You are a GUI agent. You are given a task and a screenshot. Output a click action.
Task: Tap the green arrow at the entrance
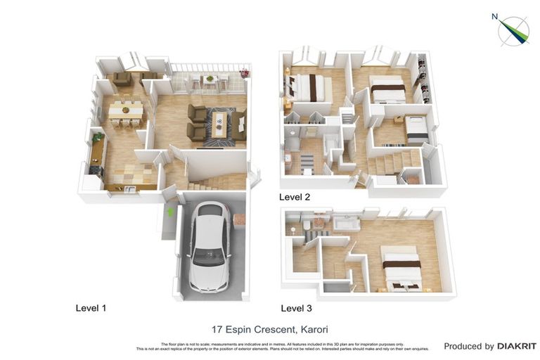[169, 211]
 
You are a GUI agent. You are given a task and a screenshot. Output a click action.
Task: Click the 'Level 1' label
[91, 308]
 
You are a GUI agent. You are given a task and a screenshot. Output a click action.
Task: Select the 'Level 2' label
[295, 197]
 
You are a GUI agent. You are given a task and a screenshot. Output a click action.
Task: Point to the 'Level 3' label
[296, 308]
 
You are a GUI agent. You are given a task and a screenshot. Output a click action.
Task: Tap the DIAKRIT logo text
[517, 346]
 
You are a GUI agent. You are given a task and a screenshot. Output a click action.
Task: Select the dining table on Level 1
[125, 111]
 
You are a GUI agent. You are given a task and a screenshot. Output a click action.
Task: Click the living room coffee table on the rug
[219, 124]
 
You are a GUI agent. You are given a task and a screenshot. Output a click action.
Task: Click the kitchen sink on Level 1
[129, 188]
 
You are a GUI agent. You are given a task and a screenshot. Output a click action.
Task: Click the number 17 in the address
[217, 329]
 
